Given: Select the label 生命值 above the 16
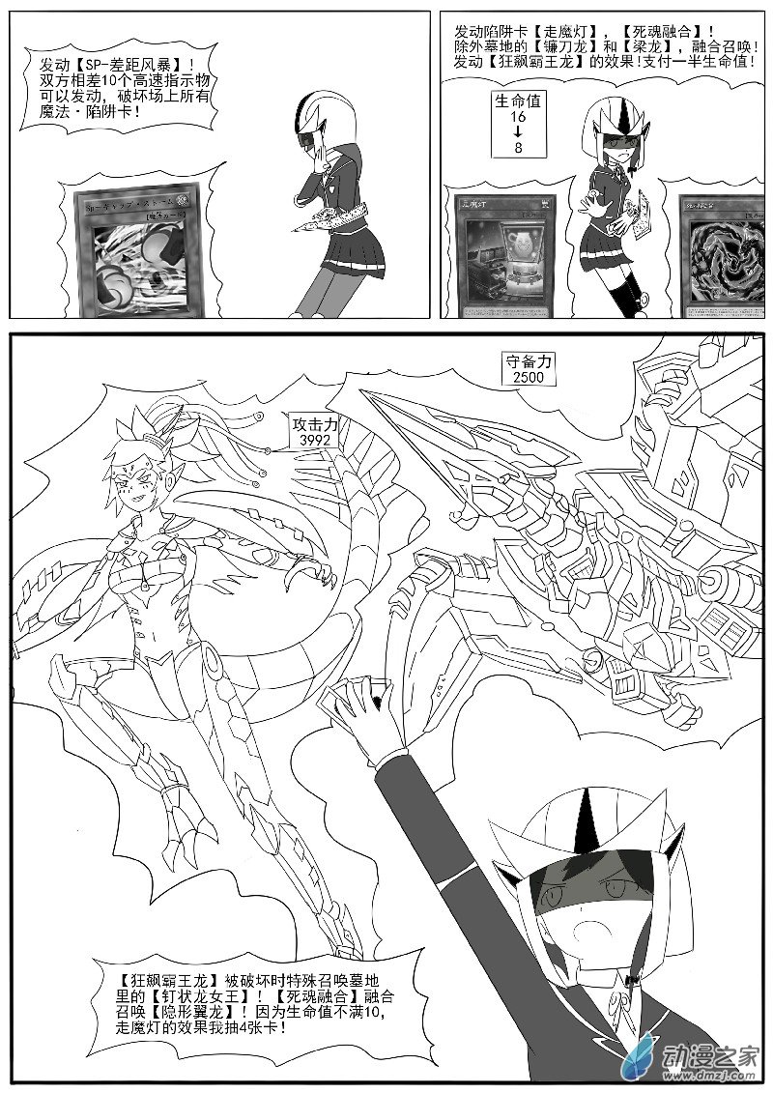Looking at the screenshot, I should (x=519, y=101).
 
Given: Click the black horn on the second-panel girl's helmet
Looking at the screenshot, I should (x=612, y=118).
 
